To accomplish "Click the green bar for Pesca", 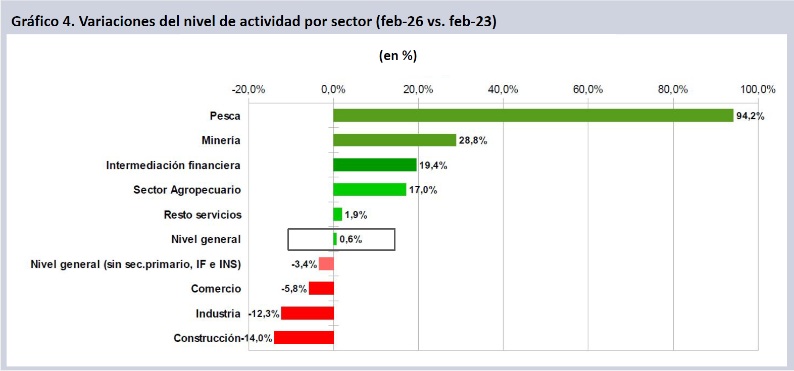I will pos(533,116).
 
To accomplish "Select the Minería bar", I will pos(394,140).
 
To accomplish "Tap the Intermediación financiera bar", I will pos(375,165).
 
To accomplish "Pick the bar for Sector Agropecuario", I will pos(370,190).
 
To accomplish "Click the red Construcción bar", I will pos(304,338).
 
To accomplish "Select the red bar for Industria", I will pos(307,313).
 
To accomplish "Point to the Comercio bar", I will pos(321,289).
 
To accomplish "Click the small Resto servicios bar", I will pos(337,215).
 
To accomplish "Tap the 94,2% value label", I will pos(750,116).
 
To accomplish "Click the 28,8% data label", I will pos(473,140).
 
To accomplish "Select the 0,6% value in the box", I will pos(351,239).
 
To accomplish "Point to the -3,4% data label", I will pos(304,264).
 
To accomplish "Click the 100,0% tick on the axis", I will pos(758,89).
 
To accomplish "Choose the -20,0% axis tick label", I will pos(249,89).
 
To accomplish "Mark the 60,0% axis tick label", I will pos(588,89).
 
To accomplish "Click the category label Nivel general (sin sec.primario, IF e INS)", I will pos(135,264).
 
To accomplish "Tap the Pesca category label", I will pos(225,116).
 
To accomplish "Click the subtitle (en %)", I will pos(398,56).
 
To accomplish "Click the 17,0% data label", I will pos(423,190).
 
